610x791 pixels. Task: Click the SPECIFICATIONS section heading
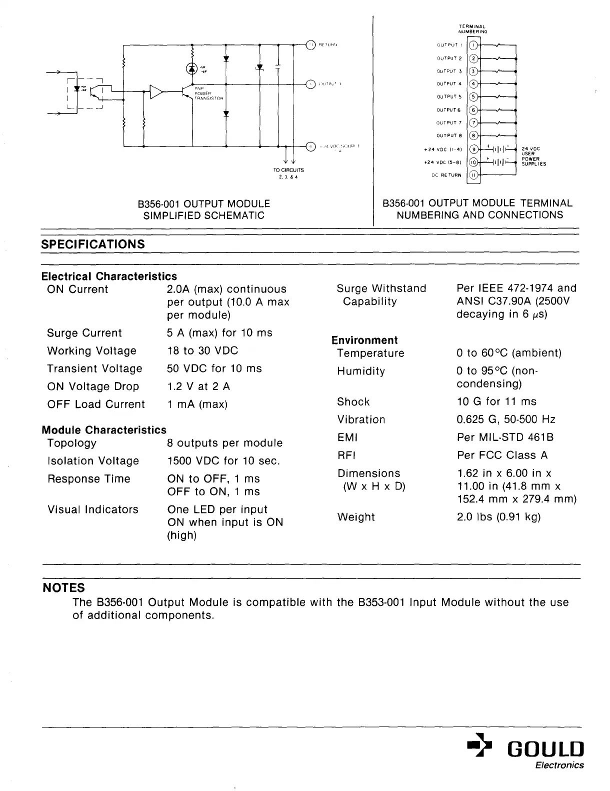click(93, 244)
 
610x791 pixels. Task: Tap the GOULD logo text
click(545, 749)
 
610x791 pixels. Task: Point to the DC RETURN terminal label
click(446, 175)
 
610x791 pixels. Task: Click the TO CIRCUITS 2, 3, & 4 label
click(285, 173)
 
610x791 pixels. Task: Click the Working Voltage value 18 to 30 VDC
click(202, 351)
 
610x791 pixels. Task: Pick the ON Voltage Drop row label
click(93, 386)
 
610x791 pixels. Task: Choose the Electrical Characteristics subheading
click(109, 276)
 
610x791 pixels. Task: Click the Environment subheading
click(364, 340)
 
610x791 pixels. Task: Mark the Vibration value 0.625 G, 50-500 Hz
click(506, 419)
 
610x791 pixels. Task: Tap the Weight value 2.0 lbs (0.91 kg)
click(499, 517)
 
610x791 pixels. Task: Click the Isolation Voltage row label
click(93, 461)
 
